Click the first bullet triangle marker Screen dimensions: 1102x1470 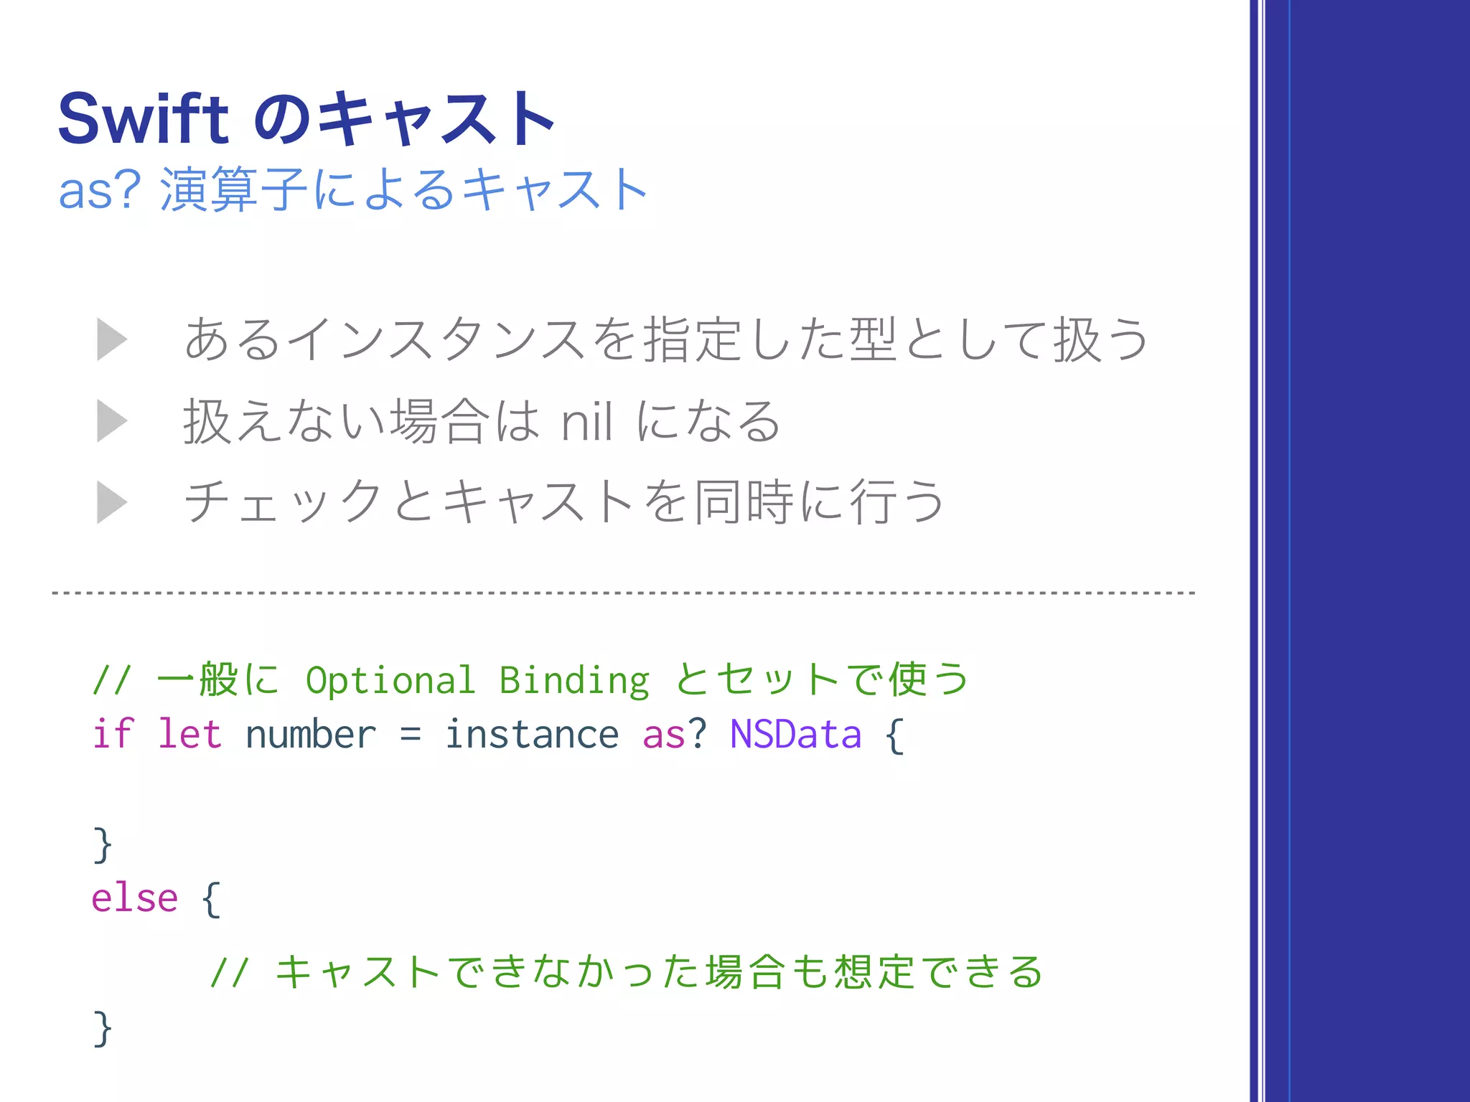pos(112,339)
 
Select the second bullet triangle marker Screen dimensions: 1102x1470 pos(112,420)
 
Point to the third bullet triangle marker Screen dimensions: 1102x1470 pos(112,501)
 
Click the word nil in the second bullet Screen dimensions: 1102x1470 pos(586,422)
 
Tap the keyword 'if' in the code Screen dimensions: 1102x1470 pos(113,734)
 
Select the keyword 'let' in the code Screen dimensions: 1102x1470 pos(189,734)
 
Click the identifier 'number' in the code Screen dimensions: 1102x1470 pos(310,735)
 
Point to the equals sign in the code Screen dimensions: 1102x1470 pos(410,735)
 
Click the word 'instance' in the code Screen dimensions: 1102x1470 pos(531,734)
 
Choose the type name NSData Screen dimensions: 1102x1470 pos(795,734)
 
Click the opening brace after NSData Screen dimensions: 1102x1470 pos(894,735)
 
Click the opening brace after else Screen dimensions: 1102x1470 pos(210,899)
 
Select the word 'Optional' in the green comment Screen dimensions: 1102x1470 pos(390,680)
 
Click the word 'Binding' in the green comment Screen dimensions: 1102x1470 pos(574,680)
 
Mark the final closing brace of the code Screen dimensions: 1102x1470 pos(103,1028)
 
